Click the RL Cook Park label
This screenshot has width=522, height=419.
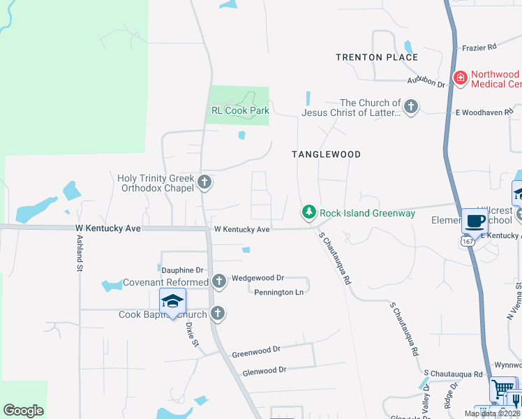(x=240, y=110)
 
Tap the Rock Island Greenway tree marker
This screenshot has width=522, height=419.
(x=308, y=212)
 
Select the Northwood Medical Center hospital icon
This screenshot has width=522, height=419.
(x=460, y=78)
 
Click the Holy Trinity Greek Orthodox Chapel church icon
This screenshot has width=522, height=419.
(x=204, y=183)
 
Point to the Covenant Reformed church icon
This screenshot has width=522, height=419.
(x=219, y=281)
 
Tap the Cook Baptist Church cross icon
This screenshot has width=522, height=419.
(x=218, y=314)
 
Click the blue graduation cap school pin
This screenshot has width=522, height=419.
(x=172, y=302)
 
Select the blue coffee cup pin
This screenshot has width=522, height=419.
(x=475, y=221)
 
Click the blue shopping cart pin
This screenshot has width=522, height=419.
(x=502, y=389)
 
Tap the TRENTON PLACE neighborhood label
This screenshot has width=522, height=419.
(x=377, y=57)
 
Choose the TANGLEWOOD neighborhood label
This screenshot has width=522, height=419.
(x=327, y=154)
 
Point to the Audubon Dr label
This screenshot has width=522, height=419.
(x=431, y=83)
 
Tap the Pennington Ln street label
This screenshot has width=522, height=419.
(x=278, y=292)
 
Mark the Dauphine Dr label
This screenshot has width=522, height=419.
(x=182, y=270)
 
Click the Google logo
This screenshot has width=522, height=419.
(x=24, y=411)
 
